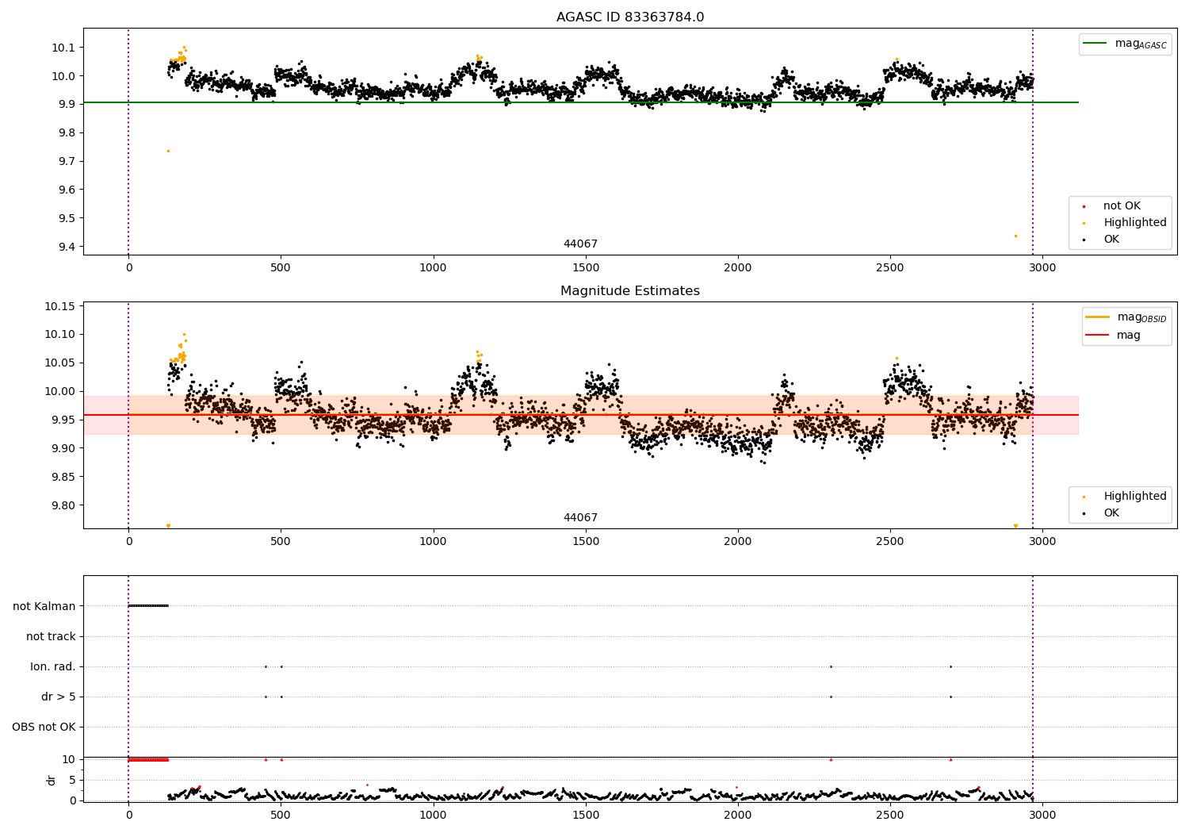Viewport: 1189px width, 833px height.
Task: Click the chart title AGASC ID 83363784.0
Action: click(629, 17)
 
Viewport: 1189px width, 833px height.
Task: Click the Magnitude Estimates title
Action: click(629, 291)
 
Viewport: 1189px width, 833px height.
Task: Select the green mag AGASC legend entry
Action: click(1125, 44)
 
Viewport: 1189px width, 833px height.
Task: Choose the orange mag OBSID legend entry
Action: click(1126, 317)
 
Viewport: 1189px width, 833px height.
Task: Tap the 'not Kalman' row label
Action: click(44, 606)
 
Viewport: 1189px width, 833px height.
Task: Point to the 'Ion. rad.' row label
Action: click(53, 666)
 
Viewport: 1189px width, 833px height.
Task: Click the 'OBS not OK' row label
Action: click(44, 727)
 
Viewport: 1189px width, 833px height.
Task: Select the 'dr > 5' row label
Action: click(59, 697)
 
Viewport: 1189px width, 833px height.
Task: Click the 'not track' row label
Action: click(51, 636)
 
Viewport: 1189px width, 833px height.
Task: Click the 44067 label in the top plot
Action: click(580, 244)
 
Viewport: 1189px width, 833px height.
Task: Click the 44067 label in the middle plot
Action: click(580, 518)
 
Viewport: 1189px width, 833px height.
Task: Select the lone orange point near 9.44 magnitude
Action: click(1015, 236)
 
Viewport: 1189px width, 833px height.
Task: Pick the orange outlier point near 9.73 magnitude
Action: click(168, 151)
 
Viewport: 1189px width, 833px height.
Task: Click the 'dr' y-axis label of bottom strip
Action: click(52, 780)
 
